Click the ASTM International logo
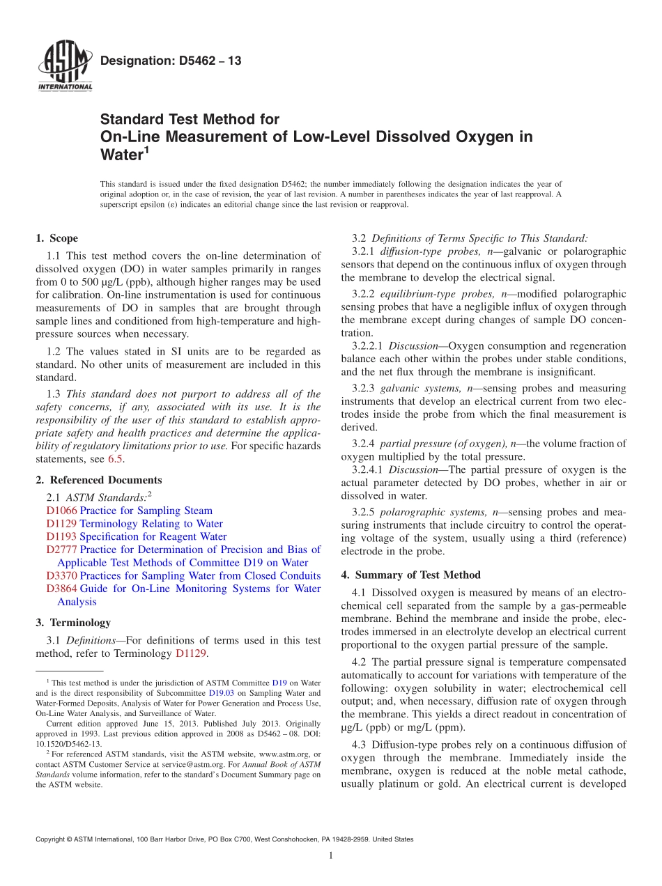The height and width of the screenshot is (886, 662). (x=64, y=67)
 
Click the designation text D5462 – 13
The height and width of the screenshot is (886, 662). (x=171, y=61)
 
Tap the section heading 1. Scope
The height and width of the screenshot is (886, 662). (x=57, y=238)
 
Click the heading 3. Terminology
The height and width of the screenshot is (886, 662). (x=73, y=623)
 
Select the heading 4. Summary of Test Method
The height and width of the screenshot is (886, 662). (x=411, y=575)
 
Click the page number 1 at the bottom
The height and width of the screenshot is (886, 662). (x=331, y=855)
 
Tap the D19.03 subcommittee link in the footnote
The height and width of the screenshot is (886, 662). (x=220, y=693)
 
